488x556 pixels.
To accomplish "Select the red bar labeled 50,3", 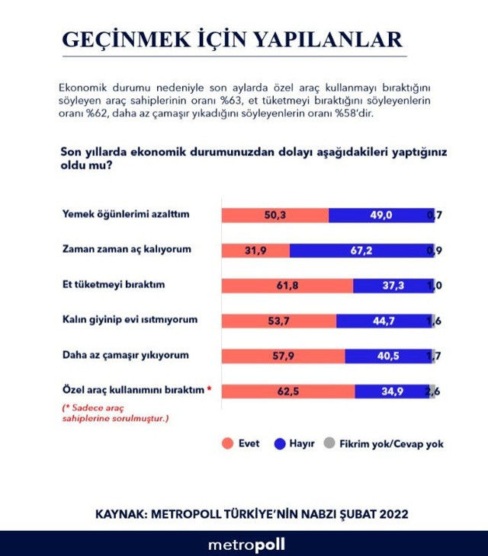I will point(274,216).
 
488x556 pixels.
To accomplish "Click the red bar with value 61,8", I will point(287,286).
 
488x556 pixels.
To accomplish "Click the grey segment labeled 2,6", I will point(433,391).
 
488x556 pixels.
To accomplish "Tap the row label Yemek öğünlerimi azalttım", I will point(125,214).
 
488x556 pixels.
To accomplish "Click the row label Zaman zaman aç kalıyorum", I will point(126,249).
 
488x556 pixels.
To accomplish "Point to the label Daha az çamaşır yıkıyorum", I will point(125,355).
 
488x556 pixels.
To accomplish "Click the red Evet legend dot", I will point(227,443).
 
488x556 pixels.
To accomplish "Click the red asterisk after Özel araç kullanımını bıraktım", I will point(209,389).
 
